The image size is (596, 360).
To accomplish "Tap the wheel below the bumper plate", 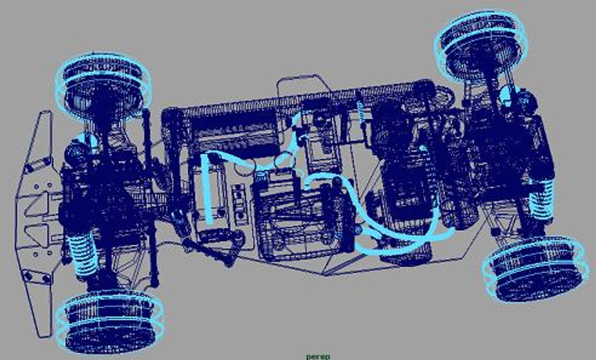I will pyautogui.click(x=110, y=322).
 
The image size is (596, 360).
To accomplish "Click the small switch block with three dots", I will pyautogui.click(x=239, y=203).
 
